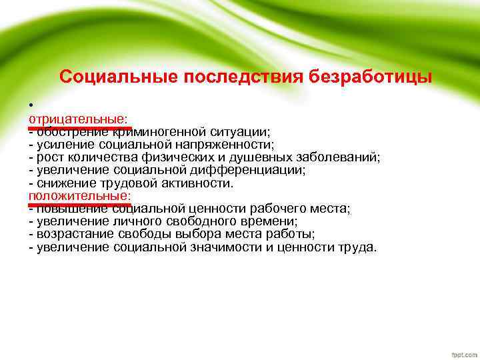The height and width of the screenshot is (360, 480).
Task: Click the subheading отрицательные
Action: pos(78,119)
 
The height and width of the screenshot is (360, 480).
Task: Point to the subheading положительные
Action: pos(79,196)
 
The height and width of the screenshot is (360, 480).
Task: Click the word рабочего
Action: pos(255,209)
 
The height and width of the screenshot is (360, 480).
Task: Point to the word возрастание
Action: pos(73,235)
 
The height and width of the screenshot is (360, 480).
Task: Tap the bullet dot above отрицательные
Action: pos(31,105)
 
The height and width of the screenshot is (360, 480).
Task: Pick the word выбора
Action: pos(188,235)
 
